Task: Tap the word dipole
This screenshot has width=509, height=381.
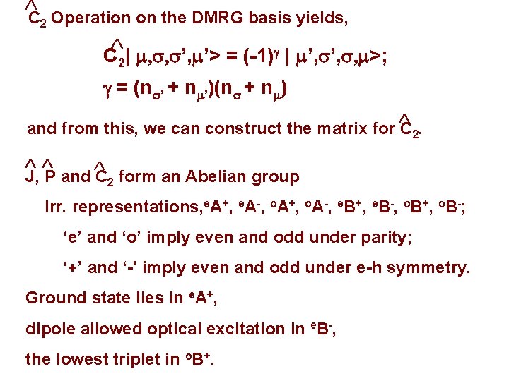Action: [x=47, y=329]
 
